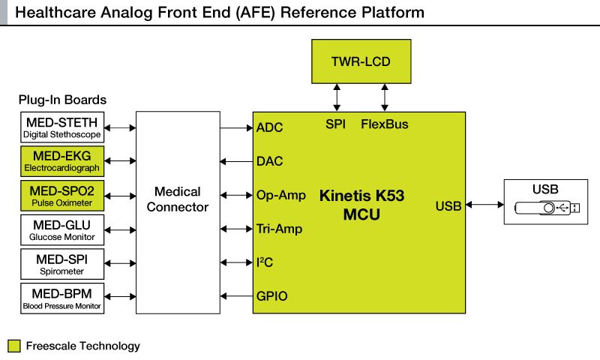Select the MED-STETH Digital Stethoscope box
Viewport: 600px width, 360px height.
(x=62, y=127)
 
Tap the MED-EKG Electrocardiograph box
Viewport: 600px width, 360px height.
(x=62, y=161)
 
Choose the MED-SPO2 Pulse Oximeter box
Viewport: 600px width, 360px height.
(x=62, y=196)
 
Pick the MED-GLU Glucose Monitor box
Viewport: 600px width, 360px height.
(x=62, y=230)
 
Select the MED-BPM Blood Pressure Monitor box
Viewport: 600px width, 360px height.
(x=62, y=298)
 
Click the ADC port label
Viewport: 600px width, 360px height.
(x=269, y=127)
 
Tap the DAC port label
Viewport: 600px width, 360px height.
(x=269, y=161)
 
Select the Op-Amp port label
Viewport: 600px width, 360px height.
(x=280, y=196)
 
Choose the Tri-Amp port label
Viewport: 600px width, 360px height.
(x=280, y=229)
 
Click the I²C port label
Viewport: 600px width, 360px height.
(x=265, y=262)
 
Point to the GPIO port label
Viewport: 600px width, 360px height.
(x=271, y=296)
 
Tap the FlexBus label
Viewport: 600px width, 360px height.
(x=385, y=124)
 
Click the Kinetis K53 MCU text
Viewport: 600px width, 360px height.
(x=361, y=205)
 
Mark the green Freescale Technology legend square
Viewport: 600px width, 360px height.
(x=14, y=346)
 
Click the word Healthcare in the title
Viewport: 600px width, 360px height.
(x=50, y=13)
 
